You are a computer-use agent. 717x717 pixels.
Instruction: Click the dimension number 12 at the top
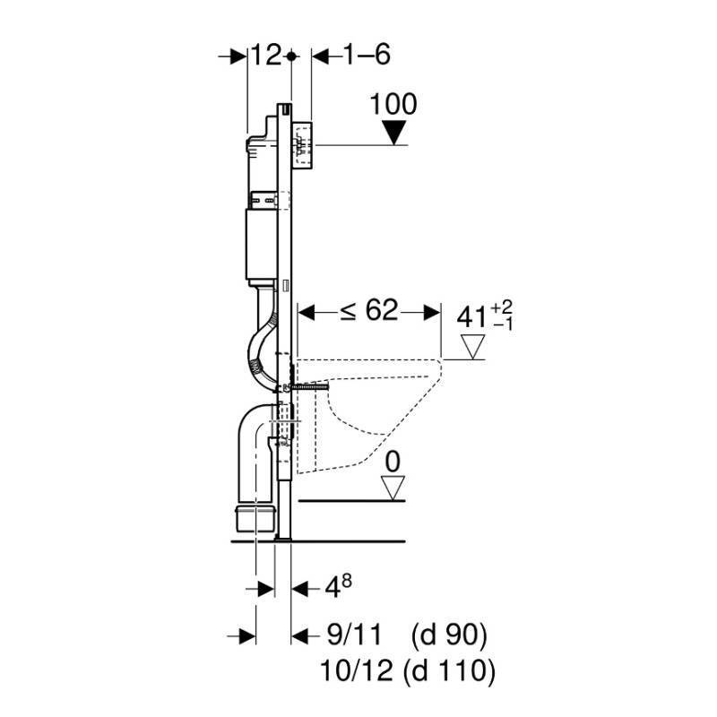pos(265,56)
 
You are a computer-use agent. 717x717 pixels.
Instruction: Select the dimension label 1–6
pos(367,56)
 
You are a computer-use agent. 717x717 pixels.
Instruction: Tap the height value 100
pos(393,104)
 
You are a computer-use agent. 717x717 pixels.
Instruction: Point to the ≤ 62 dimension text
pos(369,311)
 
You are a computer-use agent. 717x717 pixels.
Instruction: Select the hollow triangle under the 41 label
pos(473,347)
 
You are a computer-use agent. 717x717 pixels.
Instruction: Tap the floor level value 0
pos(393,462)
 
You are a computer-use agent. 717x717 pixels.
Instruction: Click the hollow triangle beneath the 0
pos(393,488)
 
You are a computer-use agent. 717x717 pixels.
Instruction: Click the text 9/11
pos(355,635)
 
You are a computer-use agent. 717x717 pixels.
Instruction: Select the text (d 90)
pos(449,635)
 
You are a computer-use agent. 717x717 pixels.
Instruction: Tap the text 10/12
pos(356,670)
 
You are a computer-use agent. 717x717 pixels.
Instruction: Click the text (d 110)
pos(450,671)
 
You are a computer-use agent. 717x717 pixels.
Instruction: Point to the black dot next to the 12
pos(291,56)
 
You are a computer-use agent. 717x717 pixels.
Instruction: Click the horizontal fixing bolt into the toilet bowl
pos(309,388)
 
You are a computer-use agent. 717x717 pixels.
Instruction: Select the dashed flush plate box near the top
pos(301,145)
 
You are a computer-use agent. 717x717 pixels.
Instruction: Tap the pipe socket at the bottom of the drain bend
pos(255,518)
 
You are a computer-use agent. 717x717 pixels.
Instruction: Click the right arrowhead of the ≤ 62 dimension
pos(431,313)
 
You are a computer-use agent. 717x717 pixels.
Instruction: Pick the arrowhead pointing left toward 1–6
pos(322,56)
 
